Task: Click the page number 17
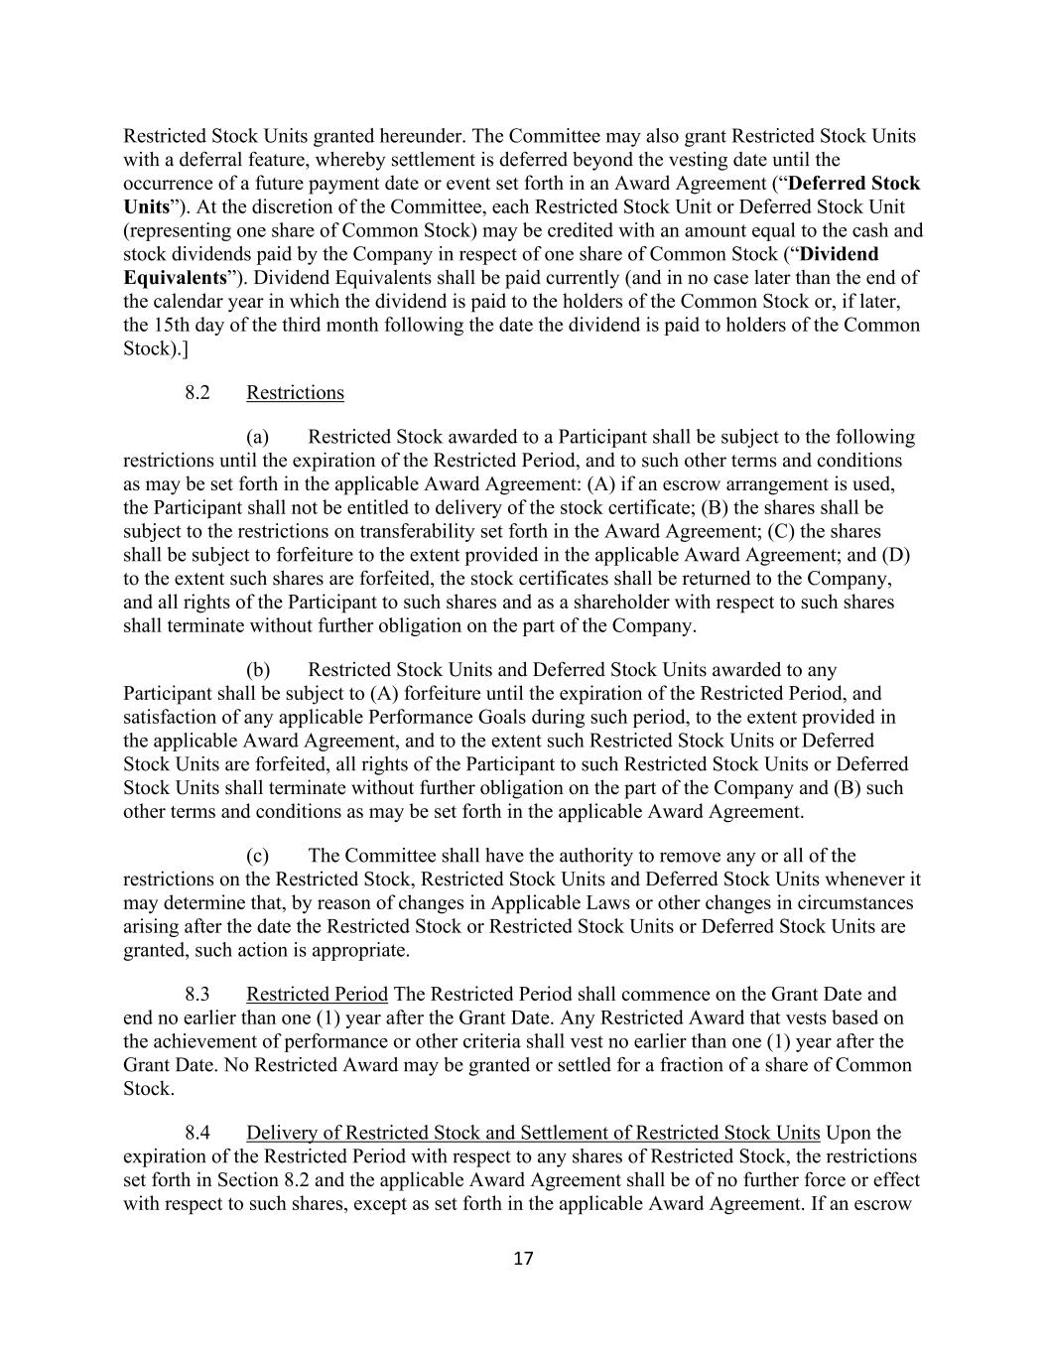pos(523,1259)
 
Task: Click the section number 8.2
pos(196,392)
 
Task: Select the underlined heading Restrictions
pos(295,392)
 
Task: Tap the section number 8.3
pos(196,994)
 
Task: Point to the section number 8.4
pos(196,1133)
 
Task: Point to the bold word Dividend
pos(839,254)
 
